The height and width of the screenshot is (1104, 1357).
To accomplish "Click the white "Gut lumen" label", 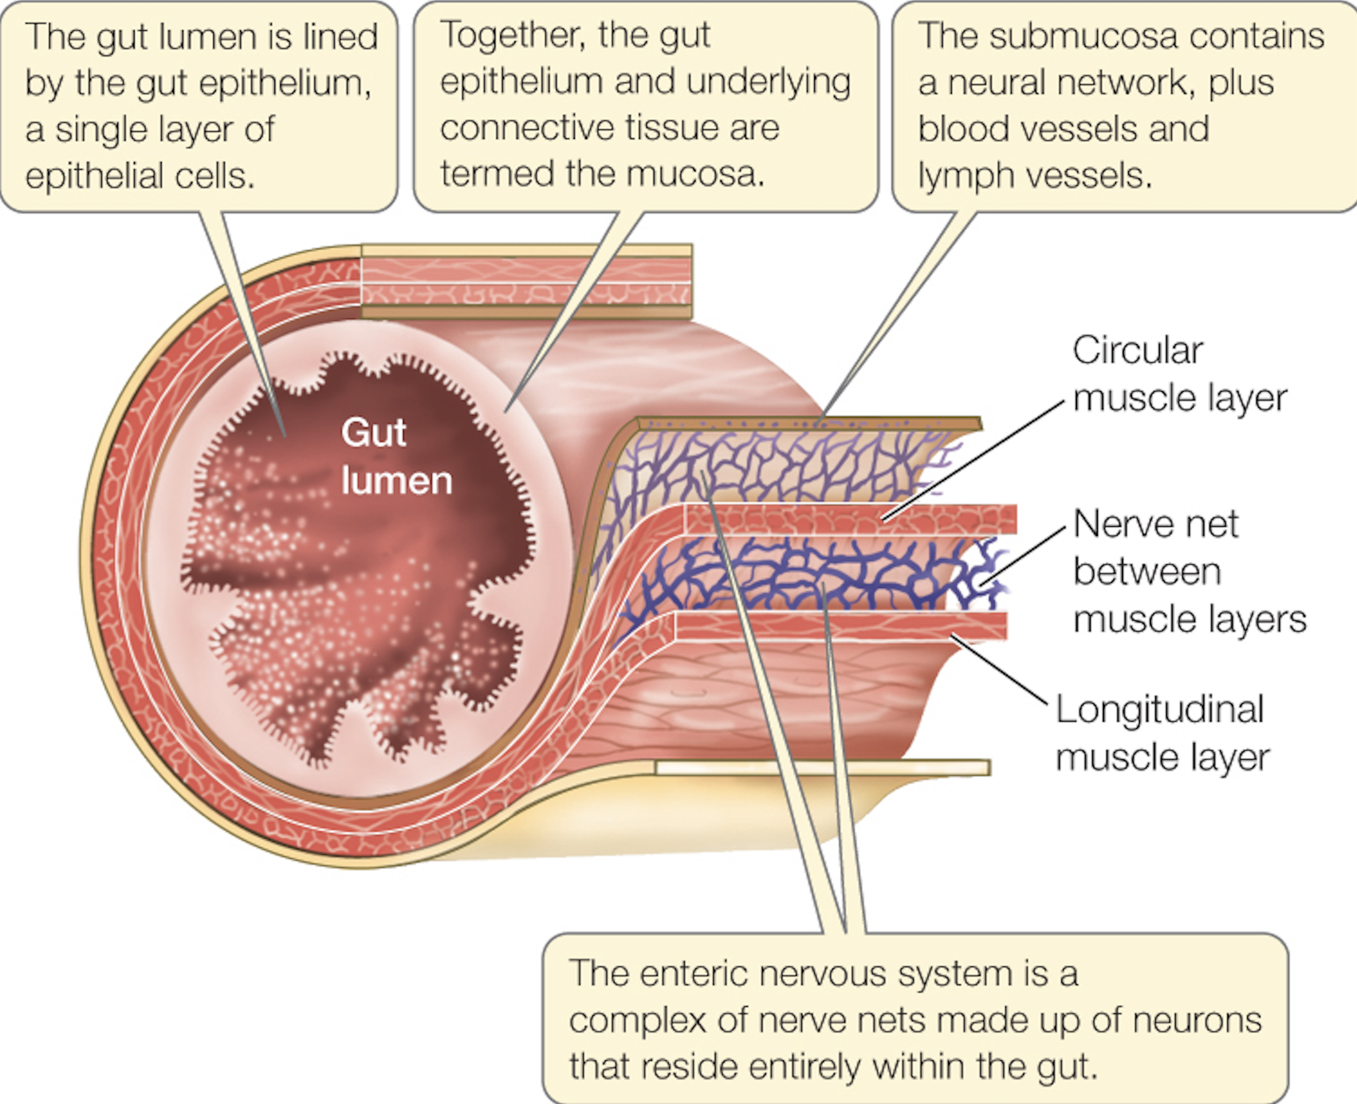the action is (396, 456).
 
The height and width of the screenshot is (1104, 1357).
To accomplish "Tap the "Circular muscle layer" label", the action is (1179, 374).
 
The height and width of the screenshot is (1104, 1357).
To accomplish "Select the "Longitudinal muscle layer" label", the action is (1163, 733).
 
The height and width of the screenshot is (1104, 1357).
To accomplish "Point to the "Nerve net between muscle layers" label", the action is (1190, 571).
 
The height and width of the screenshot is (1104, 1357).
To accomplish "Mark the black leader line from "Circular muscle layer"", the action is (973, 461).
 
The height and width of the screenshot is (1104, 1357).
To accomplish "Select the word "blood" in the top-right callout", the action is (963, 128).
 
